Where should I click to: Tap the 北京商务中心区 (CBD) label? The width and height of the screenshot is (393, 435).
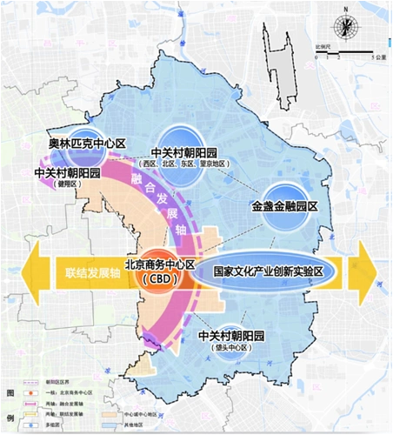pyautogui.click(x=157, y=271)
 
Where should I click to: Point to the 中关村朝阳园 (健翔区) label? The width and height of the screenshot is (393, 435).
pyautogui.click(x=66, y=177)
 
